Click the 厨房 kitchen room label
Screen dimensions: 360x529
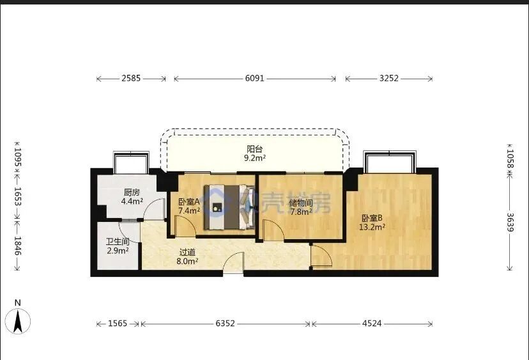132,191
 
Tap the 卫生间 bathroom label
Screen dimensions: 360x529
118,242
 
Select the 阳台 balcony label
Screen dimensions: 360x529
254,148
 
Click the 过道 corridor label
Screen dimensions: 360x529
187,252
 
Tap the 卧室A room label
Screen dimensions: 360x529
189,201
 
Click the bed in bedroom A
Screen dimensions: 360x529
229,207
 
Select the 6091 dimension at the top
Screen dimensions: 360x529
254,79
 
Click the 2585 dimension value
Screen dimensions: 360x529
131,79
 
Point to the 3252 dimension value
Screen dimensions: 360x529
388,79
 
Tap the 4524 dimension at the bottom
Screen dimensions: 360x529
372,324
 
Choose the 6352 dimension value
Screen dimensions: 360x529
225,324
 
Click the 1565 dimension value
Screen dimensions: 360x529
118,324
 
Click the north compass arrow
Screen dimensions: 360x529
19,319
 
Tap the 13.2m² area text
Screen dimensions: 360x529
371,226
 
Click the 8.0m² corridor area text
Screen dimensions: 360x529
187,261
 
